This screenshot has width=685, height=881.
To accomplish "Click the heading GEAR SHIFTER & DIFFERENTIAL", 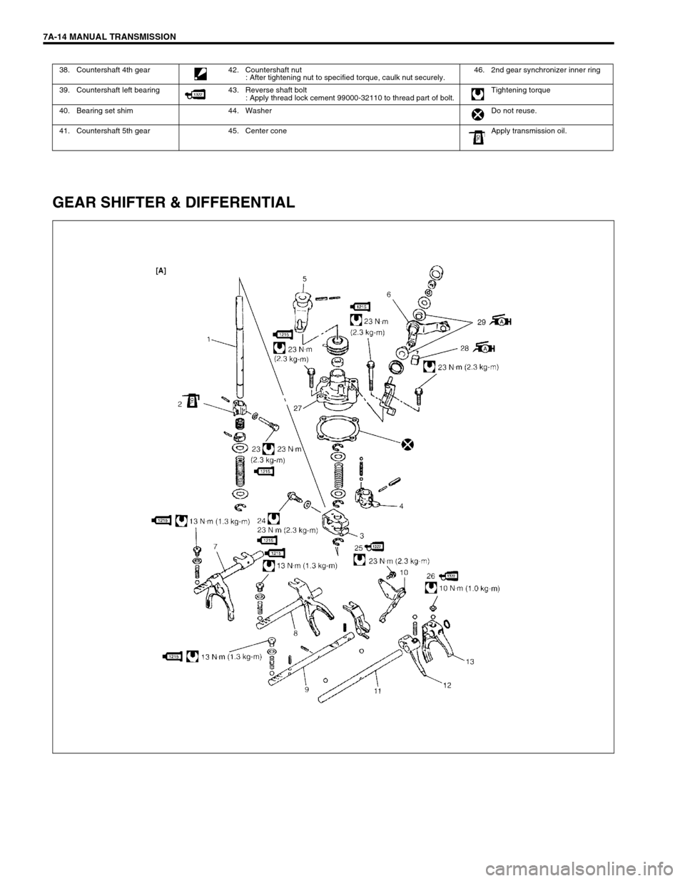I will click(x=173, y=203).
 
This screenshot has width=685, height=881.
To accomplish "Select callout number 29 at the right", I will click(x=482, y=322).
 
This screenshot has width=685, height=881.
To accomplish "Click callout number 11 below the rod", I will click(x=376, y=691).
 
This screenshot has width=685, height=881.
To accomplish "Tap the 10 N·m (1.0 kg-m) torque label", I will click(x=469, y=589).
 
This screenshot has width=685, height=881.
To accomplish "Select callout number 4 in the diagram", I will click(x=402, y=506).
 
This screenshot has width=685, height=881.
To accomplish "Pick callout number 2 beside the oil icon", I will click(x=181, y=404).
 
